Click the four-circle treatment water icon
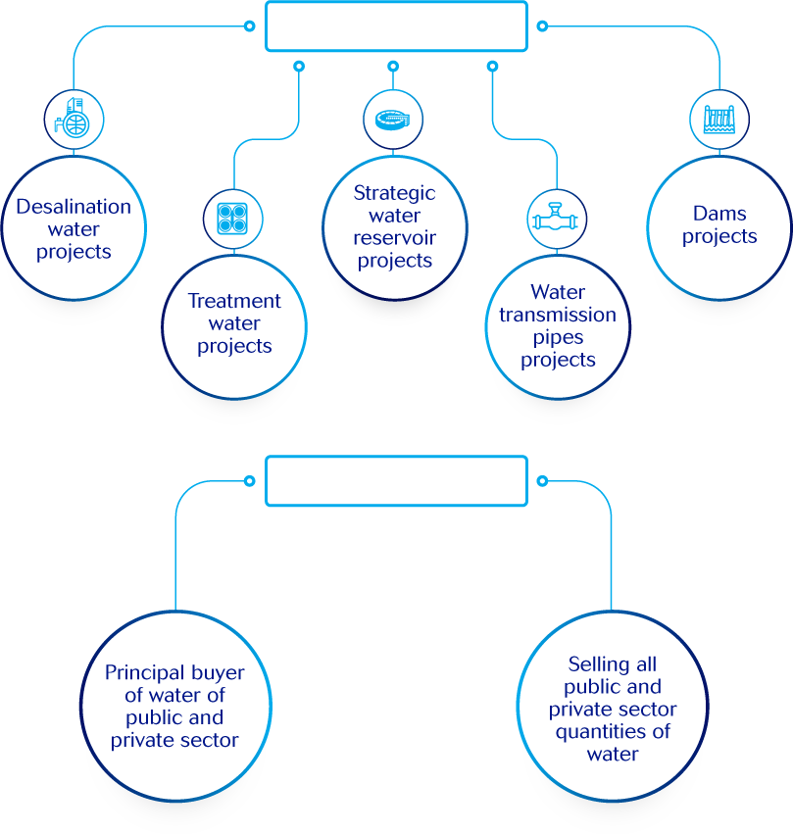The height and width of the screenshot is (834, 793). (x=233, y=217)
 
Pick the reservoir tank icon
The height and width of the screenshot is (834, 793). (x=393, y=119)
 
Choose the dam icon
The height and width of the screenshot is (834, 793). (x=719, y=119)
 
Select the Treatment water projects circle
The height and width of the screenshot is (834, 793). (x=234, y=324)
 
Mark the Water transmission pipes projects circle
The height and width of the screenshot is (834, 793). (x=558, y=326)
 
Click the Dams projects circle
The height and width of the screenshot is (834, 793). (x=719, y=225)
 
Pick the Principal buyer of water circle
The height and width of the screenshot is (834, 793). (x=174, y=707)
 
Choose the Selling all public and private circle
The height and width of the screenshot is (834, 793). (x=613, y=709)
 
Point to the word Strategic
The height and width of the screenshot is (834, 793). (x=394, y=193)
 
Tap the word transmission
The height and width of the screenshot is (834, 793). (x=558, y=315)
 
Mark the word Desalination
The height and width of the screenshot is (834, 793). (x=74, y=207)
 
